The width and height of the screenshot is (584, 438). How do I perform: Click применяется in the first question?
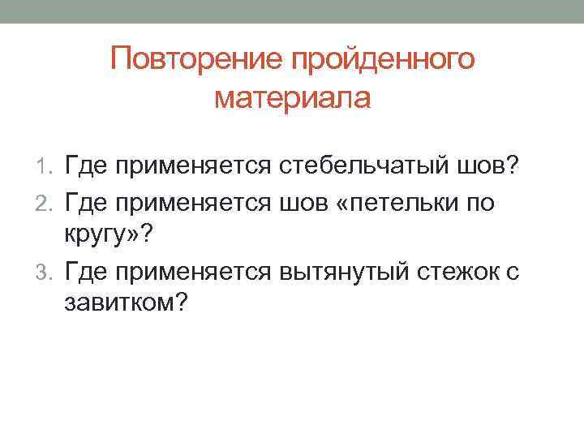(x=194, y=167)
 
